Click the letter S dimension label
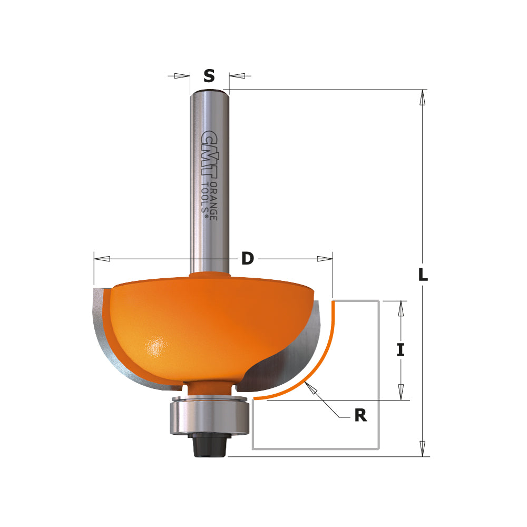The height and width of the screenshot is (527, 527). pos(209,76)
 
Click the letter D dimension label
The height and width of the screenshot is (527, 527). pos(247,259)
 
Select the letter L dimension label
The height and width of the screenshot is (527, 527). pos(423,275)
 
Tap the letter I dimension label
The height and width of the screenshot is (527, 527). pos(401,350)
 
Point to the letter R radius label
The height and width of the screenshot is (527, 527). pos(360,415)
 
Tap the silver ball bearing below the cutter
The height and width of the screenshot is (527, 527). pos(209,417)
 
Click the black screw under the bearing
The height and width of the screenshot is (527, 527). pos(209,446)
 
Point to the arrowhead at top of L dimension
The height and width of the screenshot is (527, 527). pos(422,98)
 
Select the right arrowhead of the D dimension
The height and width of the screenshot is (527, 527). pos(324,259)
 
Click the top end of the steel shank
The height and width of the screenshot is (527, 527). pos(209,93)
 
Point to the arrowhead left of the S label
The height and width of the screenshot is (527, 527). pos(182,76)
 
